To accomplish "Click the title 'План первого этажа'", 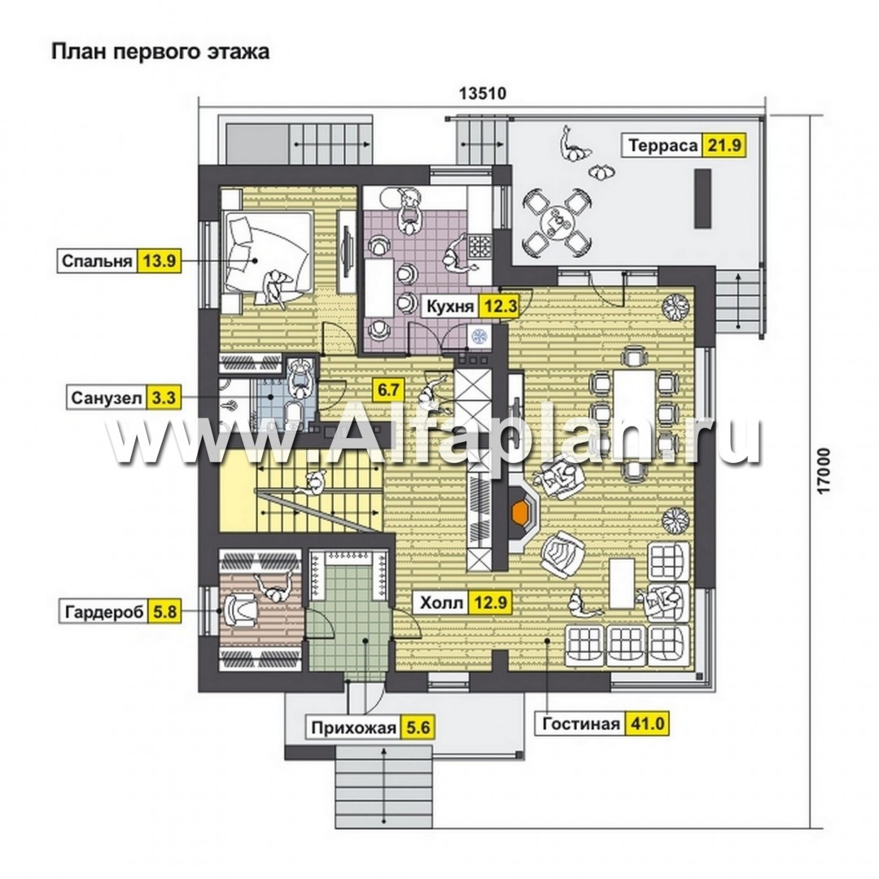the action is tap(160, 51).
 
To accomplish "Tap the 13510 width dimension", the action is tap(483, 93).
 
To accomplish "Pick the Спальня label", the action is tap(97, 261).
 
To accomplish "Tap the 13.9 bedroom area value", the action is tap(160, 261).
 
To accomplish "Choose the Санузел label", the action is tap(107, 398).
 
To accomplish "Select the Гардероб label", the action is tap(104, 611).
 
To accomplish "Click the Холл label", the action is tap(442, 602).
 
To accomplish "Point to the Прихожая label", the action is tap(354, 728).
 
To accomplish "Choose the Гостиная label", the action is tap(581, 724).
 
